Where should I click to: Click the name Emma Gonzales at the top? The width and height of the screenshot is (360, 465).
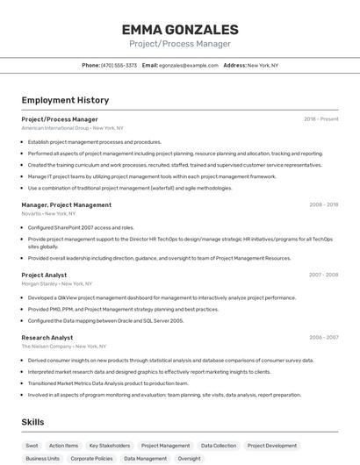coord(180,30)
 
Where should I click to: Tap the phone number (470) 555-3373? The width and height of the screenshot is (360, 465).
coord(119,65)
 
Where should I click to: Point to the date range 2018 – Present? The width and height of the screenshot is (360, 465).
coord(321,119)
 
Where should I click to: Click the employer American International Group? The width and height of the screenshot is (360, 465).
coord(54,128)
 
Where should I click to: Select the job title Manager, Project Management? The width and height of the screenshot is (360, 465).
coord(67,204)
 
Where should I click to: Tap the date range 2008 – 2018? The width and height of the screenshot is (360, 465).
coord(323,204)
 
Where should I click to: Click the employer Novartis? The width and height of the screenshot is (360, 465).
coord(32,213)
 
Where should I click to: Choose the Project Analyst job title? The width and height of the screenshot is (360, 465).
coord(44,275)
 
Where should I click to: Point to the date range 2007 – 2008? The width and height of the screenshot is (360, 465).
coord(323,275)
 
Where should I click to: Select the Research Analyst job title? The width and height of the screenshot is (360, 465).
coord(47,337)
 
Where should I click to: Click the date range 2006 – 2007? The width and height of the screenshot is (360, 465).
coord(323,337)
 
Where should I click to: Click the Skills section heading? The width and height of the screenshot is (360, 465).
coord(32,422)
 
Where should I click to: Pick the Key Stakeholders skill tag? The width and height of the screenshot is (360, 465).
coord(110,446)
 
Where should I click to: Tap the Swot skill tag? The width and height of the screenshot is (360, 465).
coord(32,446)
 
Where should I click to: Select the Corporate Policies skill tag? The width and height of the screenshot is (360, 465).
coord(91,458)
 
